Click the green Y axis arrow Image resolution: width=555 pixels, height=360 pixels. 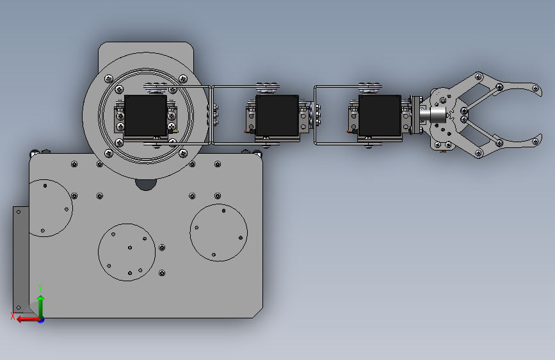[x=41, y=307]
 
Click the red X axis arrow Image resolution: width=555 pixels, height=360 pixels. [x=28, y=319]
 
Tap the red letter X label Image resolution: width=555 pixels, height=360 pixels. [x=13, y=316]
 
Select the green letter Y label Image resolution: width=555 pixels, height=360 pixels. [x=40, y=288]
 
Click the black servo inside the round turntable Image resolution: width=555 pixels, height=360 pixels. [x=145, y=115]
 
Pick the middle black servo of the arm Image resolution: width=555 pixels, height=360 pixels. [x=277, y=115]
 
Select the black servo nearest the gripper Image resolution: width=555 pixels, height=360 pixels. [x=380, y=115]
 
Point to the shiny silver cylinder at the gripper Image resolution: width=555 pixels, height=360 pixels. [x=433, y=115]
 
